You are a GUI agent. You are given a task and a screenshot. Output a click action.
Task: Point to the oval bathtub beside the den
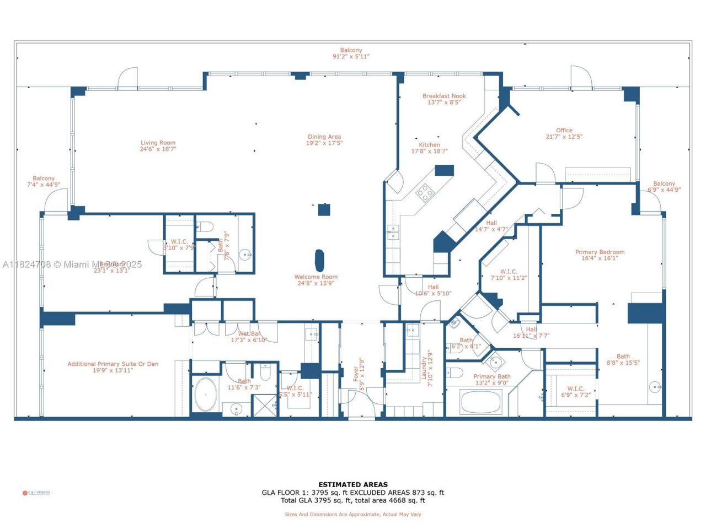(x=206, y=395)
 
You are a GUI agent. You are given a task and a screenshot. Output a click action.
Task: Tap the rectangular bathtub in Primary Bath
(x=480, y=402)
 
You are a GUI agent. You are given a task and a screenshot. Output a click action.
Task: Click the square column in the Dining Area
(x=324, y=209)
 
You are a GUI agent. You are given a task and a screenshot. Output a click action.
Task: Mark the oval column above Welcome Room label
(x=319, y=258)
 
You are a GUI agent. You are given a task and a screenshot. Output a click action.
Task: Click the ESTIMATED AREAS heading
(x=352, y=485)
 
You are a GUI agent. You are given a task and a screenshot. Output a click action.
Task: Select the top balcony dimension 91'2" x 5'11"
(x=351, y=56)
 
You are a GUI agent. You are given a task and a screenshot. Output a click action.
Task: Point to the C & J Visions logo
(x=36, y=493)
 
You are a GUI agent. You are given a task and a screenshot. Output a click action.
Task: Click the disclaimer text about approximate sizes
(x=352, y=514)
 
